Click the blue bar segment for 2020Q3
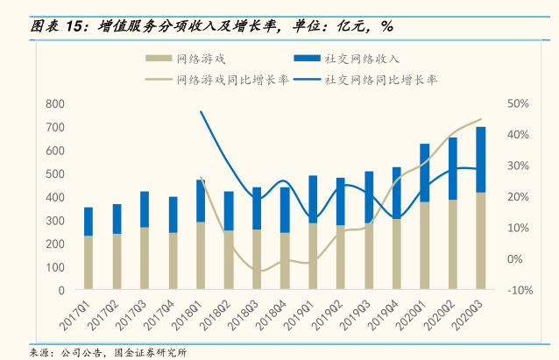[x=481, y=159]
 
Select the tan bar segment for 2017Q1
[x=88, y=262]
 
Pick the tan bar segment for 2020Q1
[x=425, y=245]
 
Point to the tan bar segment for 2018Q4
[x=285, y=260]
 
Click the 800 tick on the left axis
[x=53, y=104]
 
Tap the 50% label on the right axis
[x=518, y=104]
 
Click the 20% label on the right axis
[x=518, y=197]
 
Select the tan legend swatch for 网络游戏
[x=158, y=59]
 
